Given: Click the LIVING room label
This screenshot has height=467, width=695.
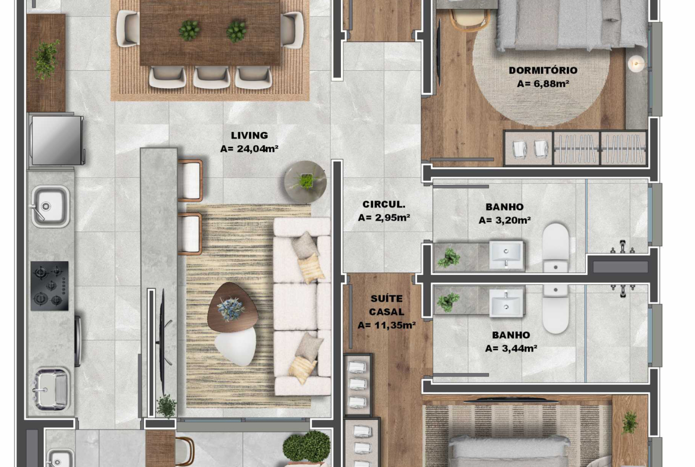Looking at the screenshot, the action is (x=249, y=136).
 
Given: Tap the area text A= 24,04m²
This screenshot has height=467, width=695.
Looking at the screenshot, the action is (x=249, y=149).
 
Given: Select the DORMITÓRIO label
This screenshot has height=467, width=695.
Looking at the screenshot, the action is (x=543, y=70).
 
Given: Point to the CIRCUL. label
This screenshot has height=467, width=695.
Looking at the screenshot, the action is (x=384, y=205).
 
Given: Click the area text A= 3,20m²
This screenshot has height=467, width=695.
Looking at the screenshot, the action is (x=504, y=220).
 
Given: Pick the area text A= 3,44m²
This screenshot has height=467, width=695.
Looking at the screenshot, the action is (x=511, y=349).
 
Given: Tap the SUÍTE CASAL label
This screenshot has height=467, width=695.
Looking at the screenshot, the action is (x=387, y=305).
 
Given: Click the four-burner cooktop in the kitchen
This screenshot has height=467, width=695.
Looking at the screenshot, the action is (x=50, y=286).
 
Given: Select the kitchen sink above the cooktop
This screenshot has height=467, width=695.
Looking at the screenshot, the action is (x=50, y=206).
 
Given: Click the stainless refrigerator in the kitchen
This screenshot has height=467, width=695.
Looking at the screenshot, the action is (x=57, y=140).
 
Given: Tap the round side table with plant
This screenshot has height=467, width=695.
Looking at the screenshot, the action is (x=305, y=181).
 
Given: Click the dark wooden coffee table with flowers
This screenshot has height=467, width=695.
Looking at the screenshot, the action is (x=233, y=307).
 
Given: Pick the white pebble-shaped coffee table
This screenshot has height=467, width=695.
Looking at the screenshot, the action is (x=236, y=347).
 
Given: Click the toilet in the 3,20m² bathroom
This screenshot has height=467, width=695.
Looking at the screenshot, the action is (x=556, y=247).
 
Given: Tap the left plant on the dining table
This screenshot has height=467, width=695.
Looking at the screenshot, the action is (x=189, y=30).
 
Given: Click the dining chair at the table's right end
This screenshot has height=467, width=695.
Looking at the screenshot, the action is (x=292, y=29).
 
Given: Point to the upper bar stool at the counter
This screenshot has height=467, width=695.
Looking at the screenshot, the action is (x=190, y=180).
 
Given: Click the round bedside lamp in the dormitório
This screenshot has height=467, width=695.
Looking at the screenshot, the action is (x=637, y=64).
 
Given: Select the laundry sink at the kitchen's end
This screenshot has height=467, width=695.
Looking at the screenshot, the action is (x=51, y=388).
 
